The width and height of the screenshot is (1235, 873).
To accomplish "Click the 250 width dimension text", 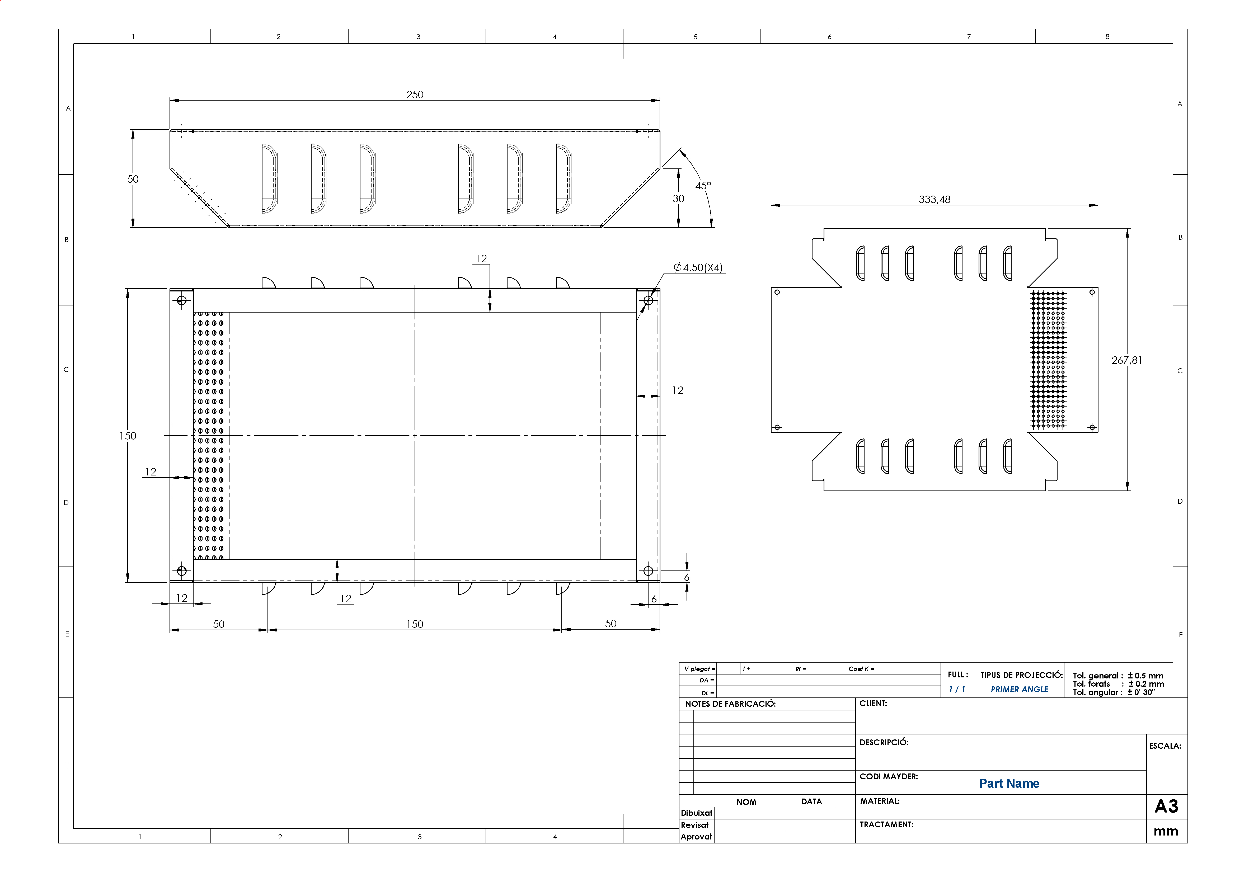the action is (415, 95).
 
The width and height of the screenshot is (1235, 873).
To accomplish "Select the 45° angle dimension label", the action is (703, 186).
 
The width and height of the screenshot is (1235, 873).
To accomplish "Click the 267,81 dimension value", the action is (1127, 360).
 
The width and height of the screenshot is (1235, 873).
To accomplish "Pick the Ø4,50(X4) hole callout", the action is (698, 267).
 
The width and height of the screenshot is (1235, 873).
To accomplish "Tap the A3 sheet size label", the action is (1166, 806).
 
